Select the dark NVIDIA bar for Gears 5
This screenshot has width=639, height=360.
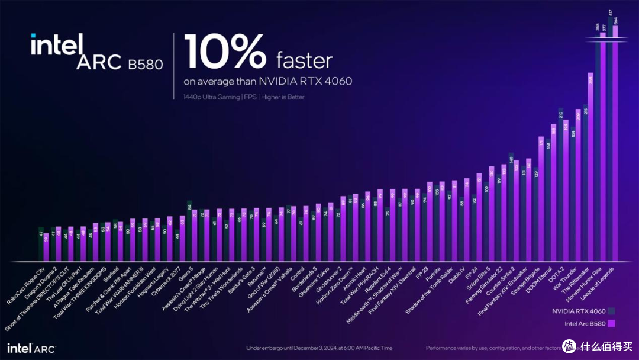click(189, 231)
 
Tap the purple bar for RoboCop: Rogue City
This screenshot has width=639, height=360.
click(47, 247)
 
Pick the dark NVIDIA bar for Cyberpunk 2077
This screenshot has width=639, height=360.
click(177, 246)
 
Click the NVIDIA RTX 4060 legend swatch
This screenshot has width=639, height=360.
click(611, 310)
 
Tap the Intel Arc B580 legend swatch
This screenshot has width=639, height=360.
click(611, 323)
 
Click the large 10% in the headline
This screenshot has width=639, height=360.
click(224, 52)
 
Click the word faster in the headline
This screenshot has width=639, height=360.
click(304, 60)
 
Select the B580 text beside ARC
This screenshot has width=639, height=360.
click(145, 64)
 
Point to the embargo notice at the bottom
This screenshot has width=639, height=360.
click(319, 348)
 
